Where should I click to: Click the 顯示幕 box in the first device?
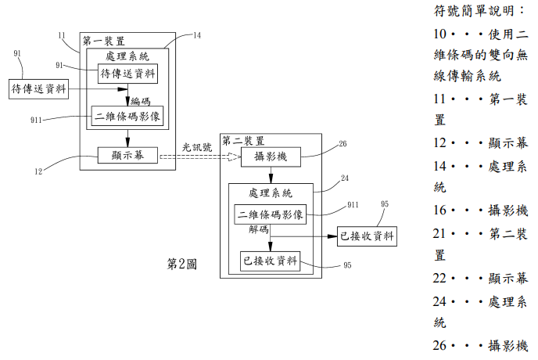pos(127,155)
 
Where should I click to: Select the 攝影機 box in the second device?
pos(271,157)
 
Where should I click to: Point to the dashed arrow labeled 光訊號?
pos(200,157)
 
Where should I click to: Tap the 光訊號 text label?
pos(197,147)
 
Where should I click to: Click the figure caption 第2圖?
pos(182,265)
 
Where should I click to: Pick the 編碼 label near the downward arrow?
pos(141,101)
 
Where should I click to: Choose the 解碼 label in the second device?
pos(259,229)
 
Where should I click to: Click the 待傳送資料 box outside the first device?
pos(38,89)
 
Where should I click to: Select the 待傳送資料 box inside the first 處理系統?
pos(127,74)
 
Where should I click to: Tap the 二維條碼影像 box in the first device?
pos(127,116)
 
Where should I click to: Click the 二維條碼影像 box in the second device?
pos(271,214)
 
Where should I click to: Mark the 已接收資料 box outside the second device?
pos(367,236)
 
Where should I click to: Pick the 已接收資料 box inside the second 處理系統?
pos(270,261)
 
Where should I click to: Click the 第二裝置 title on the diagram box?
pos(243,141)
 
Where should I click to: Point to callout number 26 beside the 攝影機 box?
pos(343,144)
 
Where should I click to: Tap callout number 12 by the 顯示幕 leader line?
pos(38,171)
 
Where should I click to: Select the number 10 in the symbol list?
pos(439,34)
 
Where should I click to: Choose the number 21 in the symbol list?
pos(439,234)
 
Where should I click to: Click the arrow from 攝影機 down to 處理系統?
pos(271,175)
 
